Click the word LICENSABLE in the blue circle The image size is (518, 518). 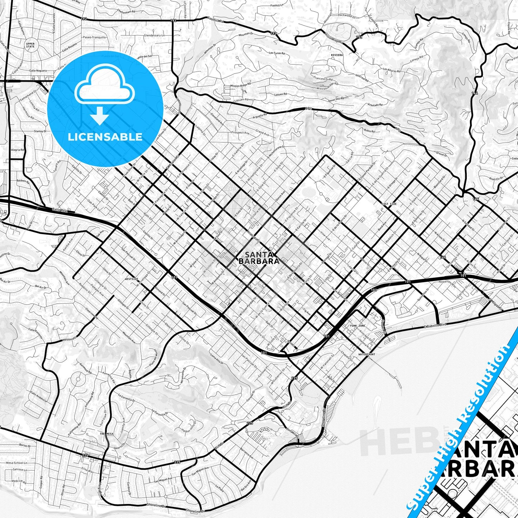tap(105, 137)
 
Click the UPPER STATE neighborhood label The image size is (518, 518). tap(30, 45)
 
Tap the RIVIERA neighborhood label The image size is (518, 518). tap(337, 55)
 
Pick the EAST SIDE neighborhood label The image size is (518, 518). tap(389, 204)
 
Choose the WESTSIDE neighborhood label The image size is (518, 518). tap(131, 279)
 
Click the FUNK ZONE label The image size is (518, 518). tap(357, 326)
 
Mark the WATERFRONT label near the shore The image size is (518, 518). tap(366, 354)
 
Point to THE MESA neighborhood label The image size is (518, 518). tap(106, 433)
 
